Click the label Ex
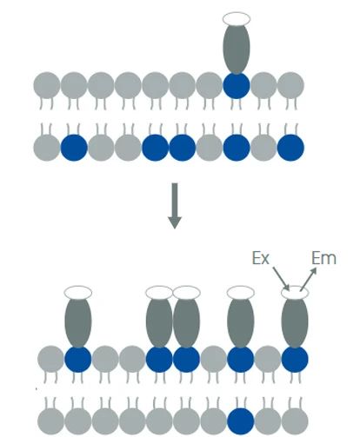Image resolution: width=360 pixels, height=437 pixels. (x=261, y=258)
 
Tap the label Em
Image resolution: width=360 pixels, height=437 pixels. (x=323, y=258)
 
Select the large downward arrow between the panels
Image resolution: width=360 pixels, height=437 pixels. (x=175, y=206)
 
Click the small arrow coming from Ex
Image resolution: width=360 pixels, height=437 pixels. (x=281, y=278)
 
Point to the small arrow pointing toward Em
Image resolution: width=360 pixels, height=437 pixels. (x=309, y=279)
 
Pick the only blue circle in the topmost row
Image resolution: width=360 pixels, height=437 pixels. (x=237, y=85)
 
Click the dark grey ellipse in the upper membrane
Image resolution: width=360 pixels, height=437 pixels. (x=237, y=48)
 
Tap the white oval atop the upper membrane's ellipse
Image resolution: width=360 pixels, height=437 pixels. (x=237, y=19)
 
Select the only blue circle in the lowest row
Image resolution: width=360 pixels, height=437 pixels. (x=241, y=421)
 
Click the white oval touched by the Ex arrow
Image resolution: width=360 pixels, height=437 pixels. (x=295, y=293)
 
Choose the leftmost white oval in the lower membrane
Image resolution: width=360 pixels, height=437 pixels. (x=78, y=293)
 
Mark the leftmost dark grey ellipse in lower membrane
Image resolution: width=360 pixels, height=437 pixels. (x=78, y=322)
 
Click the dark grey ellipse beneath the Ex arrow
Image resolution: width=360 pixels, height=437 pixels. (x=295, y=322)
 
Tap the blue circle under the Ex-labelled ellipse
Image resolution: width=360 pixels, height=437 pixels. (x=295, y=360)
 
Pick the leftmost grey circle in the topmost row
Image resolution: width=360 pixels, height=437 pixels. (x=47, y=85)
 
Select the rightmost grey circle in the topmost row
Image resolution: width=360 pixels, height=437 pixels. (x=290, y=85)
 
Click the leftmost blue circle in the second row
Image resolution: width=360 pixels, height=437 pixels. (x=74, y=148)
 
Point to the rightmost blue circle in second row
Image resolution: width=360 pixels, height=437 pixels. (x=290, y=148)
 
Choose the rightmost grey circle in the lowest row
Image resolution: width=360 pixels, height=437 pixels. (x=295, y=421)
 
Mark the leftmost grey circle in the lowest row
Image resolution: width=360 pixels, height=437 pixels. (x=50, y=421)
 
